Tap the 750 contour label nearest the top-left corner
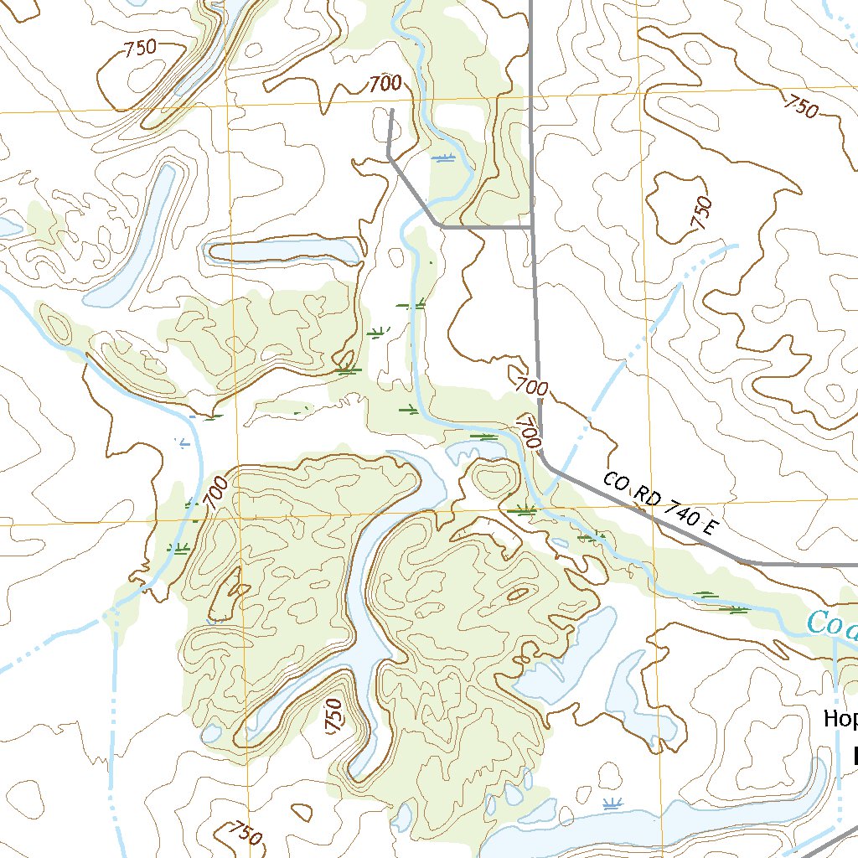140,48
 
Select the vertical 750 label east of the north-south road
701,213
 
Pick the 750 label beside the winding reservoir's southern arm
333,716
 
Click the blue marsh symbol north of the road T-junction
445,158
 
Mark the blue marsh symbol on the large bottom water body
613,804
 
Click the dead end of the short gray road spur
392,110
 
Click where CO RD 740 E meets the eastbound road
746,562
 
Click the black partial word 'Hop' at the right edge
840,718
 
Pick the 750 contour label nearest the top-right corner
801,106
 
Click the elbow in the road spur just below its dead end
390,156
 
